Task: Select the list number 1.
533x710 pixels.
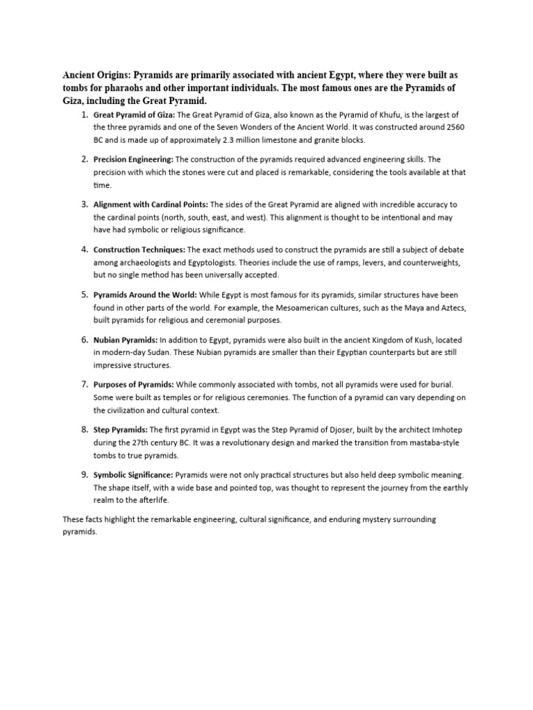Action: (83, 114)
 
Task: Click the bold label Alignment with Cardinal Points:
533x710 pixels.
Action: (151, 205)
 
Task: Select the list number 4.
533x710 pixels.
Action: (83, 249)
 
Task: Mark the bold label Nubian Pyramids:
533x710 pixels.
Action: (126, 340)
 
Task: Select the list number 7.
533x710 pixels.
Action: (83, 384)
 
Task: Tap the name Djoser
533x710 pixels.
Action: (347, 430)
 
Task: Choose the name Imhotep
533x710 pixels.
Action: (444, 430)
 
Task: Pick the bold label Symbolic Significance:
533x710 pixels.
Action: (133, 475)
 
